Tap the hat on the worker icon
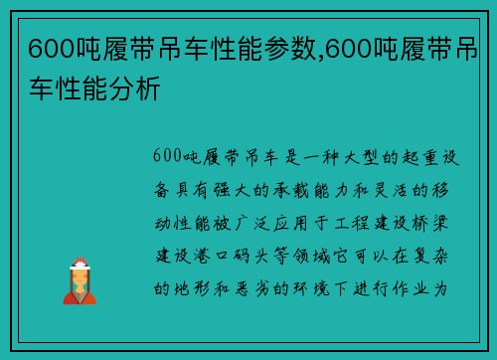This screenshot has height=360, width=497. pyautogui.click(x=80, y=264)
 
